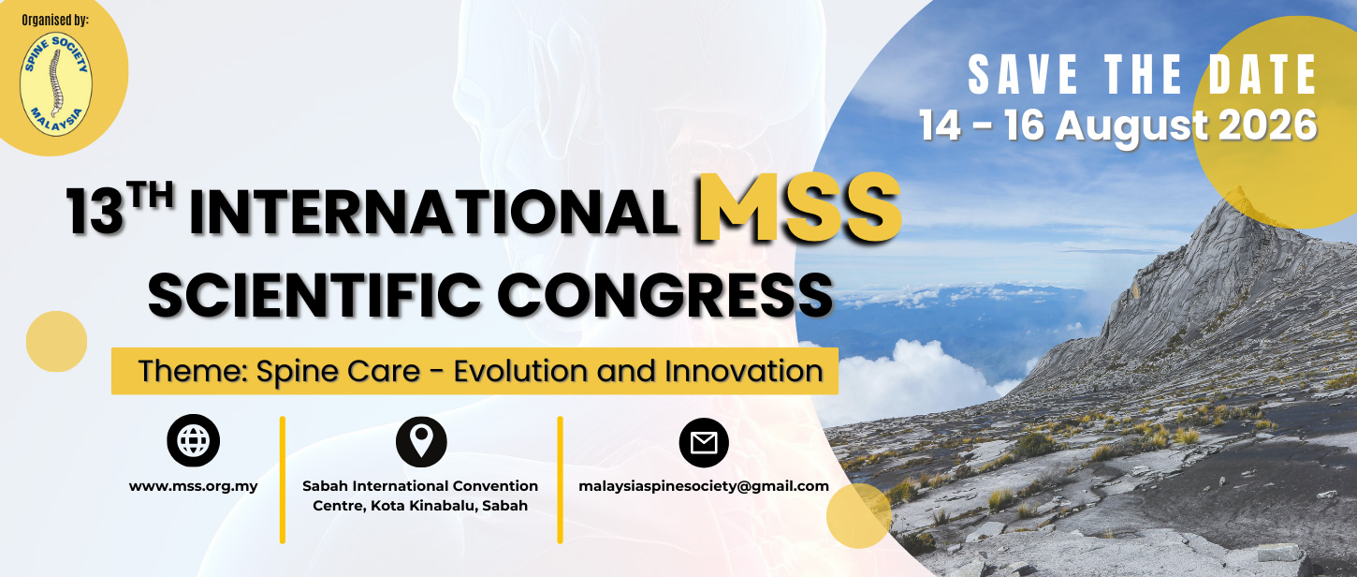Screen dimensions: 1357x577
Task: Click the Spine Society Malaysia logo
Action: click(x=56, y=83)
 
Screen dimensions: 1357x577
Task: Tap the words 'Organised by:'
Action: click(x=55, y=20)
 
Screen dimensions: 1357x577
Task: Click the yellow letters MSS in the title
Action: click(x=799, y=208)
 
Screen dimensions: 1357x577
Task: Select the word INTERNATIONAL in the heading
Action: click(x=433, y=213)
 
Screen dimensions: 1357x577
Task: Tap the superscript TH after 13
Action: click(x=152, y=197)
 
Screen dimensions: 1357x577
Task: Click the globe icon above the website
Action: click(x=193, y=440)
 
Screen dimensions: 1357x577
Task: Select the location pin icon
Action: click(x=421, y=441)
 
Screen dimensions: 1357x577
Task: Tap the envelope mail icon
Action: click(x=704, y=442)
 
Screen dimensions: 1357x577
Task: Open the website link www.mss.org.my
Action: click(x=193, y=486)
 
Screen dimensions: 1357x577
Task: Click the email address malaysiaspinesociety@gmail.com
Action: click(x=704, y=486)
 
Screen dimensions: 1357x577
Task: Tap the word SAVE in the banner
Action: click(x=1023, y=75)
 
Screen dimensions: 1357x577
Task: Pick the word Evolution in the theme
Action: click(x=522, y=371)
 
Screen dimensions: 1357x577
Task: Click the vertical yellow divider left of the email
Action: click(x=560, y=480)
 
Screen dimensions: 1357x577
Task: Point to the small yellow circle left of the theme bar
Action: click(x=56, y=341)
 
